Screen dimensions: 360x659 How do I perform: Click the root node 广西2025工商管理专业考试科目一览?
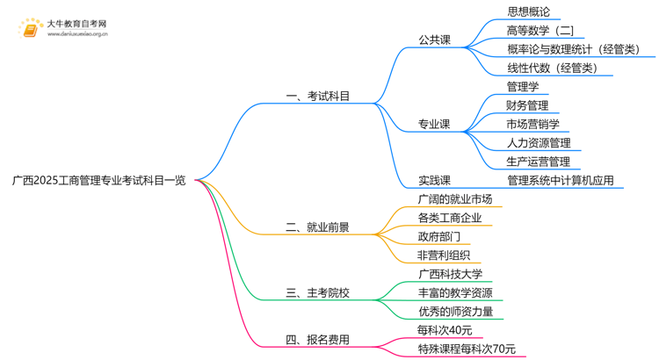pyautogui.click(x=99, y=181)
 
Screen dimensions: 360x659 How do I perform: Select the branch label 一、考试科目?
pyautogui.click(x=318, y=97)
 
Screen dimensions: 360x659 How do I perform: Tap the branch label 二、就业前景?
pyautogui.click(x=318, y=227)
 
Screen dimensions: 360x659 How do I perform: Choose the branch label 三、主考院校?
pyautogui.click(x=318, y=292)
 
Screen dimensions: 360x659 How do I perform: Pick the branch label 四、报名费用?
pyautogui.click(x=318, y=339)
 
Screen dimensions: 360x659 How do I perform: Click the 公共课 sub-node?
pyautogui.click(x=434, y=40)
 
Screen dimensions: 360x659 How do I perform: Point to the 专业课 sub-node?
pyautogui.click(x=434, y=125)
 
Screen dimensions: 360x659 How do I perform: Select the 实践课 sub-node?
pyautogui.click(x=434, y=181)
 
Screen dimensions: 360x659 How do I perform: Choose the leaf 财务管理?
pyautogui.click(x=528, y=105)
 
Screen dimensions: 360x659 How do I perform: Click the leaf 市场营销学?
pyautogui.click(x=533, y=124)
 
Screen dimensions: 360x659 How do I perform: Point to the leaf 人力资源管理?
pyautogui.click(x=539, y=143)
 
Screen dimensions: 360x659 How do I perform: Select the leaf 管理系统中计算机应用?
pyautogui.click(x=561, y=181)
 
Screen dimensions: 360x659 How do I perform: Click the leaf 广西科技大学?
pyautogui.click(x=450, y=274)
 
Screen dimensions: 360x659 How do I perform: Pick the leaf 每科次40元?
pyautogui.click(x=445, y=330)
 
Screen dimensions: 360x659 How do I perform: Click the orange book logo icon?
pyautogui.click(x=30, y=30)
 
